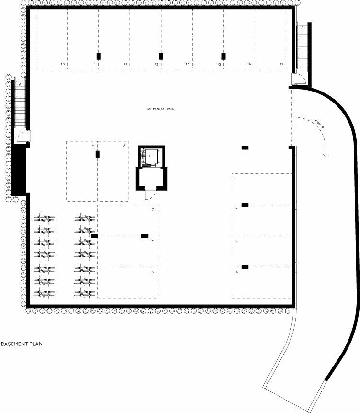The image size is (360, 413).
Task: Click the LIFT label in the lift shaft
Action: tap(152, 156)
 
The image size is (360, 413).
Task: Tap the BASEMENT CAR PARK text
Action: tap(160, 109)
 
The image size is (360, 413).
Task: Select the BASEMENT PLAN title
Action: tap(22, 344)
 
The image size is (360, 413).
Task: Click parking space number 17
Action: tap(281, 64)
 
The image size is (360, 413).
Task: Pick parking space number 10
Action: tap(62, 64)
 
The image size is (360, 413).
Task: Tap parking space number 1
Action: tap(237, 178)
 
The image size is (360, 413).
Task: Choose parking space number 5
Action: tap(153, 272)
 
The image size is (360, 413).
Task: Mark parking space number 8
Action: tap(124, 145)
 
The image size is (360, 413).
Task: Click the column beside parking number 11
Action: tap(98, 56)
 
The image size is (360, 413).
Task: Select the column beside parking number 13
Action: tap(161, 56)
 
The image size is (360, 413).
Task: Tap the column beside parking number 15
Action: tap(223, 56)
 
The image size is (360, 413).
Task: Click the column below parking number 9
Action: tap(98, 154)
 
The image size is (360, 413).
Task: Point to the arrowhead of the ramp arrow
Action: tap(325, 154)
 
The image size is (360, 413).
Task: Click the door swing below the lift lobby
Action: tap(150, 194)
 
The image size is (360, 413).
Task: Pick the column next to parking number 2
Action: tap(245, 205)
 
